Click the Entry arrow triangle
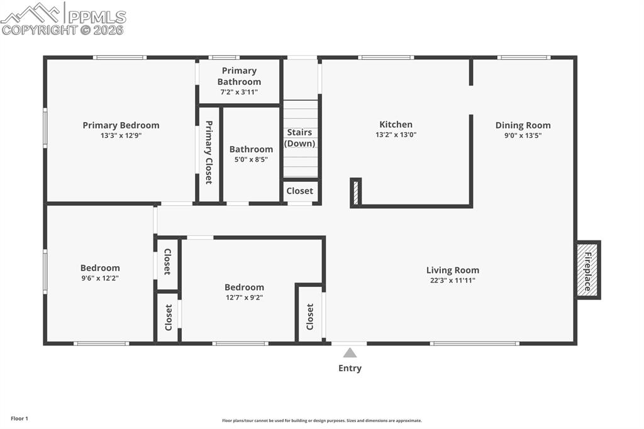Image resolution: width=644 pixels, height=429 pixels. (350, 353)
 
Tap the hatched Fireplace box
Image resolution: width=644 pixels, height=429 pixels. (588, 270)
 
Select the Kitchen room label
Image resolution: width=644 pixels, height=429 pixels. (396, 124)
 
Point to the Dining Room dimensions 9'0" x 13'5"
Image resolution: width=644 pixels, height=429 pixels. (523, 135)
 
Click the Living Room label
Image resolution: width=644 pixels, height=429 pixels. (453, 270)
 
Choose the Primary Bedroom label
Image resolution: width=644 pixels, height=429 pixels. (121, 125)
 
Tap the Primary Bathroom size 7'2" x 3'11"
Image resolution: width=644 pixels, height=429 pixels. (239, 92)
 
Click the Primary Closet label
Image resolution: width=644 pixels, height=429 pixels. (209, 152)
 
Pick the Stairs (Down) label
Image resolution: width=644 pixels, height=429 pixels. (300, 138)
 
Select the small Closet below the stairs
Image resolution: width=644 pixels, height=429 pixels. (300, 191)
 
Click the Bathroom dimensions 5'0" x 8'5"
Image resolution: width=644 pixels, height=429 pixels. (251, 159)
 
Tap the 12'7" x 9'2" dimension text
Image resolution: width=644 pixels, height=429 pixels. (245, 297)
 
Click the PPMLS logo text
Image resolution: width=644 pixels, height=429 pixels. (97, 17)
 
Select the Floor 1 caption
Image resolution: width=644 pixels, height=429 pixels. (19, 419)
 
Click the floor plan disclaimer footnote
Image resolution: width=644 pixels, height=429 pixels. (322, 420)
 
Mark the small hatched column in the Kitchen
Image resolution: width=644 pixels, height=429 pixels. (356, 192)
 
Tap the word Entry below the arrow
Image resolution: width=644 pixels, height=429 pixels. (350, 368)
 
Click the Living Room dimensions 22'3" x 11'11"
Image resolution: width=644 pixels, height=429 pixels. (453, 281)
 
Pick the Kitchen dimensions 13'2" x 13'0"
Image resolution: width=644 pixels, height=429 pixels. (396, 135)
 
